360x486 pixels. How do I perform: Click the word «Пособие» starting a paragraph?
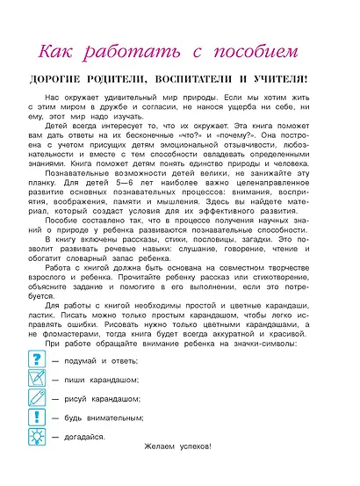click(x=67, y=246)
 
